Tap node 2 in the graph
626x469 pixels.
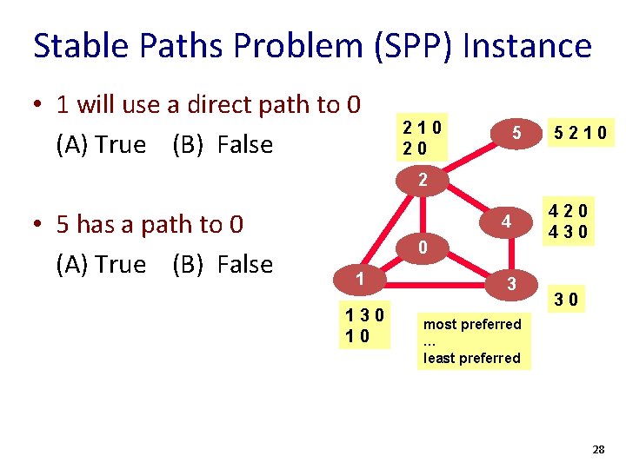(422, 182)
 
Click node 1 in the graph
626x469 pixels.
(357, 280)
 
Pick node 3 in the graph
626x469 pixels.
(512, 283)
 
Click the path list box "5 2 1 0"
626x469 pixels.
(577, 134)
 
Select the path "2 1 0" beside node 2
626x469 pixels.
(422, 127)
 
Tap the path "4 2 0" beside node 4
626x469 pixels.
(569, 211)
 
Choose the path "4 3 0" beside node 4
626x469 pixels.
(569, 232)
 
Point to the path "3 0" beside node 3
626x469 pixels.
(569, 301)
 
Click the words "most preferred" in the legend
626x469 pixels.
(472, 324)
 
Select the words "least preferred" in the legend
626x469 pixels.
(472, 358)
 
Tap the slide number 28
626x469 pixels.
(598, 449)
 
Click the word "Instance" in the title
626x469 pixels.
(528, 45)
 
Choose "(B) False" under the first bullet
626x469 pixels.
(223, 144)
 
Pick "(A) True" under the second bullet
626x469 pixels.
(101, 264)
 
